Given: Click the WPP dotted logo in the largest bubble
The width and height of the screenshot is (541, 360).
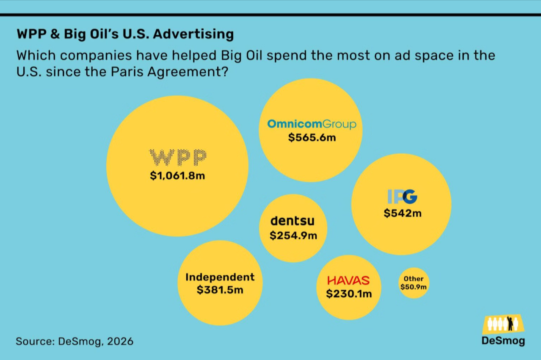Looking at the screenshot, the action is tap(178, 158).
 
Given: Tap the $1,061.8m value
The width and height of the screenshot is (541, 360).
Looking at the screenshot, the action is tap(177, 176).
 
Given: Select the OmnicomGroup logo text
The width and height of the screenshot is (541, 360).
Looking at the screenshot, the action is tap(312, 124).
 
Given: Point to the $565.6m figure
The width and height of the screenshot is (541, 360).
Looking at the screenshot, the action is tap(312, 138).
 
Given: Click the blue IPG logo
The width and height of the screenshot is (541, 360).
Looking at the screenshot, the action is tap(403, 197).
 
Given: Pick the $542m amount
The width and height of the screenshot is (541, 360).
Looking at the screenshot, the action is tap(403, 213).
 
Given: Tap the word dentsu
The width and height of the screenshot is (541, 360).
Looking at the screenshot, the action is tap(293, 221).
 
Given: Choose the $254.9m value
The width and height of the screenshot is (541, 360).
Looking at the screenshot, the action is tap(293, 235).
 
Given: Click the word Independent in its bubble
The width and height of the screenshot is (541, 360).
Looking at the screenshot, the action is tap(220, 277).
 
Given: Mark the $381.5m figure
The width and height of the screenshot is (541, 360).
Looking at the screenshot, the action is tap(220, 290).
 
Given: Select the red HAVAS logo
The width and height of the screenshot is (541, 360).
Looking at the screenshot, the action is tap(348, 280).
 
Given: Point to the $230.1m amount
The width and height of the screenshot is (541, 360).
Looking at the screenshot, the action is tap(349, 294).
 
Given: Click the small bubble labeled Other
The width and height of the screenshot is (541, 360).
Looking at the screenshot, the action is tap(414, 283).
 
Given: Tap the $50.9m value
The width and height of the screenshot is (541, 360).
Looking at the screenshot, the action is tap(414, 287).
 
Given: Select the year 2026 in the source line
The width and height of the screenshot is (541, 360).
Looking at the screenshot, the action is tap(120, 341).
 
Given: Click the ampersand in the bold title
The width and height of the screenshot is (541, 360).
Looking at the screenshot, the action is tap(55, 34).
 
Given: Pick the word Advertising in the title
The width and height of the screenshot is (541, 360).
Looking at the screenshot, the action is tap(193, 34).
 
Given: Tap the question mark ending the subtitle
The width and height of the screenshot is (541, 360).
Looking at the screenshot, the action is tap(224, 71).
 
